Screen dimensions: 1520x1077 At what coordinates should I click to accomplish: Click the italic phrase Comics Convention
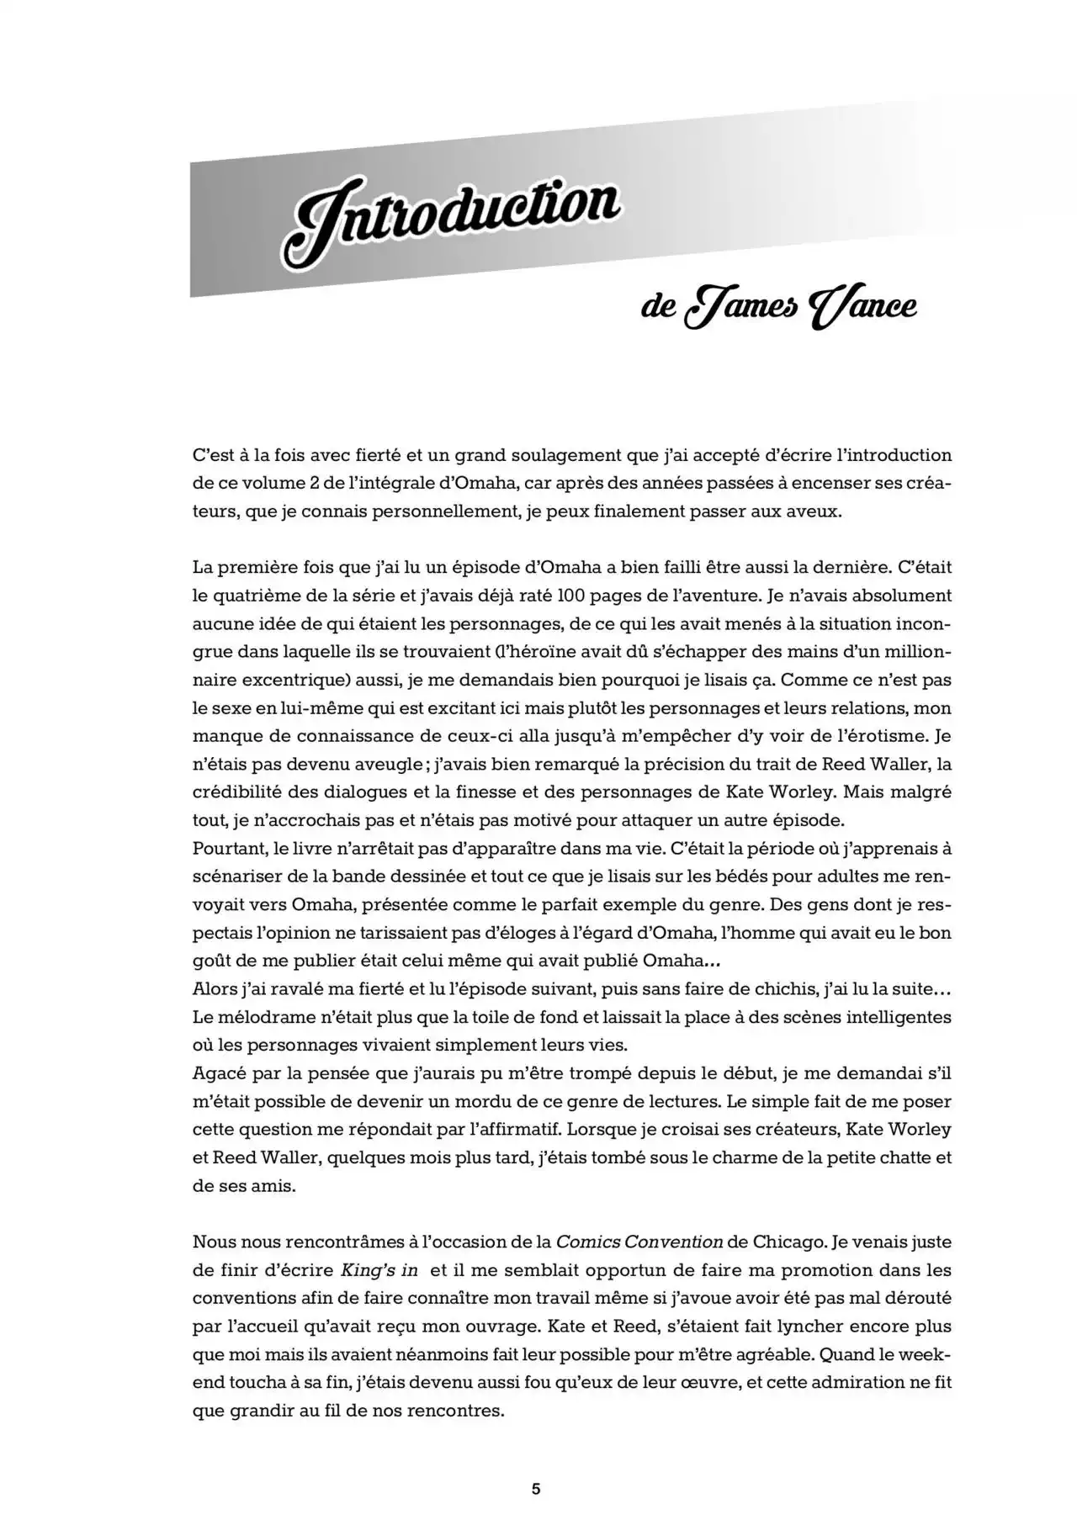(640, 1242)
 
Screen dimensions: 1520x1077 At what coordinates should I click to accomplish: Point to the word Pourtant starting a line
(227, 848)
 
